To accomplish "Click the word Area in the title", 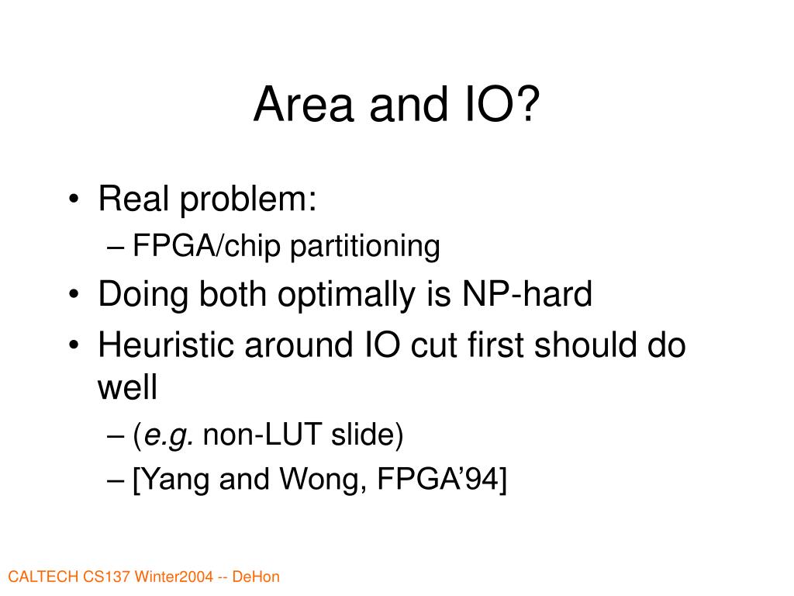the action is pyautogui.click(x=303, y=104).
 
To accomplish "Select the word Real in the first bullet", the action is pyautogui.click(x=133, y=198).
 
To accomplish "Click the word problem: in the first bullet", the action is pyautogui.click(x=248, y=199).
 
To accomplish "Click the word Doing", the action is pyautogui.click(x=143, y=294).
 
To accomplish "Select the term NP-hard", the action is pyautogui.click(x=527, y=293).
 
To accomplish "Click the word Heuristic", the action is pyautogui.click(x=166, y=345).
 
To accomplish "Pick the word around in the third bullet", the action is pyautogui.click(x=299, y=345).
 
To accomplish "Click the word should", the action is pyautogui.click(x=585, y=345).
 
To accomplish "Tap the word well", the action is pyautogui.click(x=127, y=388).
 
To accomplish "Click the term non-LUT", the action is pyautogui.click(x=262, y=435).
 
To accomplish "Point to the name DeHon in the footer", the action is pyautogui.click(x=256, y=577).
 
